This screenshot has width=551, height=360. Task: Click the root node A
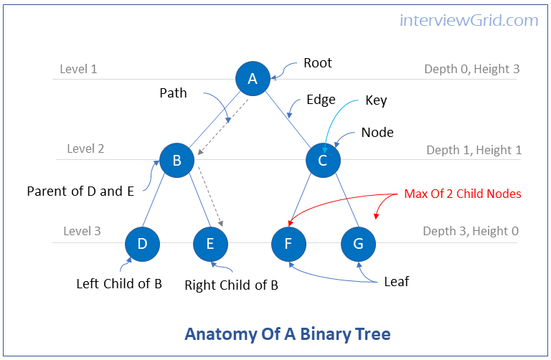(253, 79)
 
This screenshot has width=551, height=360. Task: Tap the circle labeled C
(323, 161)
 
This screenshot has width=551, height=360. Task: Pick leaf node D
(142, 244)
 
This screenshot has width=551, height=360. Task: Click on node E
(210, 244)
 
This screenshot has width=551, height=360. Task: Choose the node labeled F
(288, 244)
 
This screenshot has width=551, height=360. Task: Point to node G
(358, 244)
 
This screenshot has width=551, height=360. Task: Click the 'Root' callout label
(318, 63)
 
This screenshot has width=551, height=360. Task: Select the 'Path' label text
(173, 93)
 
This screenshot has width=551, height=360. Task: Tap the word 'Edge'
(321, 100)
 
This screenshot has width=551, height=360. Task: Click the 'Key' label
(376, 100)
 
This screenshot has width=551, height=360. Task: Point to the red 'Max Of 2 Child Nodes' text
(462, 194)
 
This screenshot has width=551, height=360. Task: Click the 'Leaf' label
(396, 282)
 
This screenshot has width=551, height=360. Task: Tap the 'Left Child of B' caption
(119, 283)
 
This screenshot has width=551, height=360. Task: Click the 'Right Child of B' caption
(231, 285)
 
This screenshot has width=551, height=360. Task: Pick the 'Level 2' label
(85, 149)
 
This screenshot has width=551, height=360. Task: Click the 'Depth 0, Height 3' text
(471, 70)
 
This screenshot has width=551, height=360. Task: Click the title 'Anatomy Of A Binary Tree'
(288, 334)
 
